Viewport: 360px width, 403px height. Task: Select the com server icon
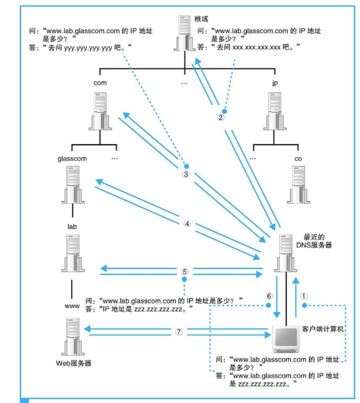pyautogui.click(x=100, y=111)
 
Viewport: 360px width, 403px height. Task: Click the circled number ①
pyautogui.click(x=303, y=295)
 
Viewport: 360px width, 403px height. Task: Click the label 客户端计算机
pyautogui.click(x=322, y=328)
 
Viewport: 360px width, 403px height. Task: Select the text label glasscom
pyautogui.click(x=72, y=159)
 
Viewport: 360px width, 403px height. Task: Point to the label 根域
pyautogui.click(x=200, y=19)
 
